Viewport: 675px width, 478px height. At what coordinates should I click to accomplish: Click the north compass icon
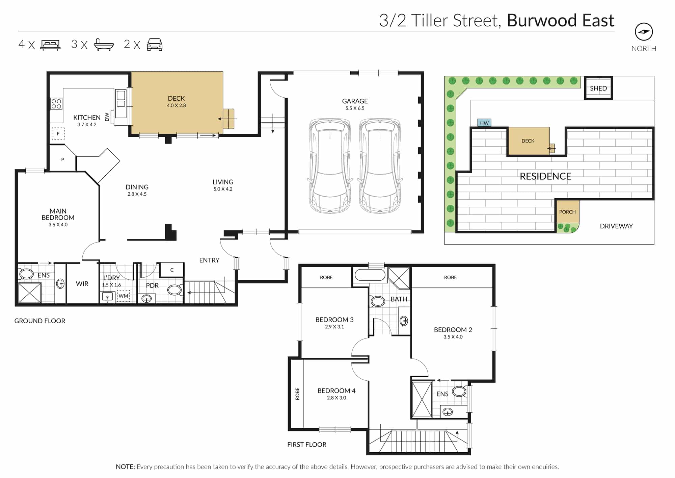644,32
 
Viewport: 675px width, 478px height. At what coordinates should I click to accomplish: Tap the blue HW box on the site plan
484,123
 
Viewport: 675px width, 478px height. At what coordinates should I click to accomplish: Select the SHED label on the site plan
598,89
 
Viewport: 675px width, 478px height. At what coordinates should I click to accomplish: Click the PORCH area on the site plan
567,212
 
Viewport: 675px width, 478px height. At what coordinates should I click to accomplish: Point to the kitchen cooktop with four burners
56,104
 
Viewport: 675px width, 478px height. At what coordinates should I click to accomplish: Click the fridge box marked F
58,134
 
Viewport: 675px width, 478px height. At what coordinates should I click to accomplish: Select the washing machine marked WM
124,296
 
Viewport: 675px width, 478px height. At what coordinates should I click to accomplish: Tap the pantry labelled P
62,159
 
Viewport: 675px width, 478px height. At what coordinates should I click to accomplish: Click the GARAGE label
355,101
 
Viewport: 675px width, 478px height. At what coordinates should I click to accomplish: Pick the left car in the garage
330,166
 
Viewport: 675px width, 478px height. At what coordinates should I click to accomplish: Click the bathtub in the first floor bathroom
370,275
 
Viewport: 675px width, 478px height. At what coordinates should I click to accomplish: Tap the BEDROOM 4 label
336,391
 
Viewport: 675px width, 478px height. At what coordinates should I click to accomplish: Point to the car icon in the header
155,45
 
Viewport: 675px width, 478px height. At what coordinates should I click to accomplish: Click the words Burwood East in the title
560,20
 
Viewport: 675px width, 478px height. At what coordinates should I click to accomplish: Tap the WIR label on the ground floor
82,284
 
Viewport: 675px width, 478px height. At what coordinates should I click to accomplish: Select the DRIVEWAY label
616,226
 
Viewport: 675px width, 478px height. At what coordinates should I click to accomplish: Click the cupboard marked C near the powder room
172,270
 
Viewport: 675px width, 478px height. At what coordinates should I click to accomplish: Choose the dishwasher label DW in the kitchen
107,117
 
